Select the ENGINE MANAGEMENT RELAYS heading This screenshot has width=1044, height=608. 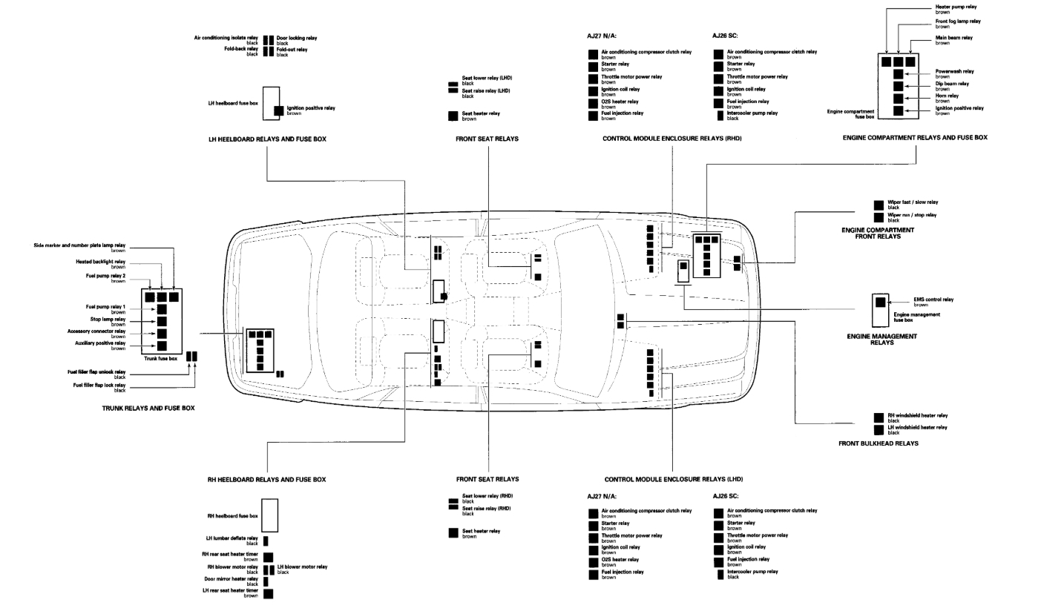882,339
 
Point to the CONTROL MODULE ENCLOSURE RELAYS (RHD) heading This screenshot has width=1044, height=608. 673,138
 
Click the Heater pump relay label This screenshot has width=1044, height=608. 955,7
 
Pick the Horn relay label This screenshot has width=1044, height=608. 947,95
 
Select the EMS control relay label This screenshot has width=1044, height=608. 933,299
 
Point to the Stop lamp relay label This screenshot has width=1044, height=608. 110,320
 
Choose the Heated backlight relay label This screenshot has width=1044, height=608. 100,262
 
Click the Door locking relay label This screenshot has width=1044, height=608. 297,38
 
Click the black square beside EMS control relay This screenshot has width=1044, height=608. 880,302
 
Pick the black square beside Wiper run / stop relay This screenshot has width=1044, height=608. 879,217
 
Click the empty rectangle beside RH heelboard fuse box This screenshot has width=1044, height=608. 270,515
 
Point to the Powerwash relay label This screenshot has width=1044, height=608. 954,71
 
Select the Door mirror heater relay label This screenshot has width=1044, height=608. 231,578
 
